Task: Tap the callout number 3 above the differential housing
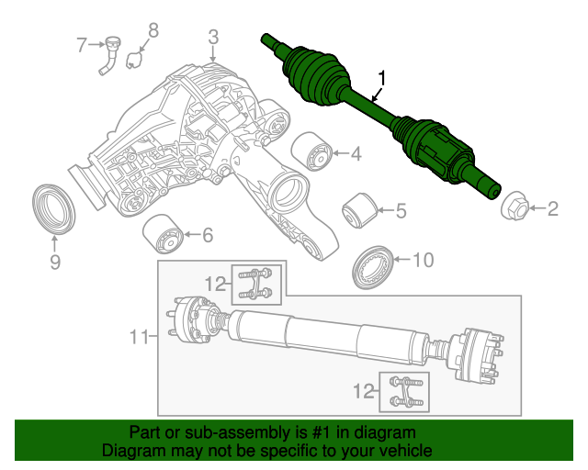tap(213, 37)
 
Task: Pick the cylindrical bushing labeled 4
tap(311, 151)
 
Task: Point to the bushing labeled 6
tap(165, 237)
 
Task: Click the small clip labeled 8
tap(134, 61)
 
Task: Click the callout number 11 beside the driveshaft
tap(139, 337)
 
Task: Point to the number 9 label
tap(54, 263)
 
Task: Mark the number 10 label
tap(422, 261)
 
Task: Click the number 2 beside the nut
tap(552, 210)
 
